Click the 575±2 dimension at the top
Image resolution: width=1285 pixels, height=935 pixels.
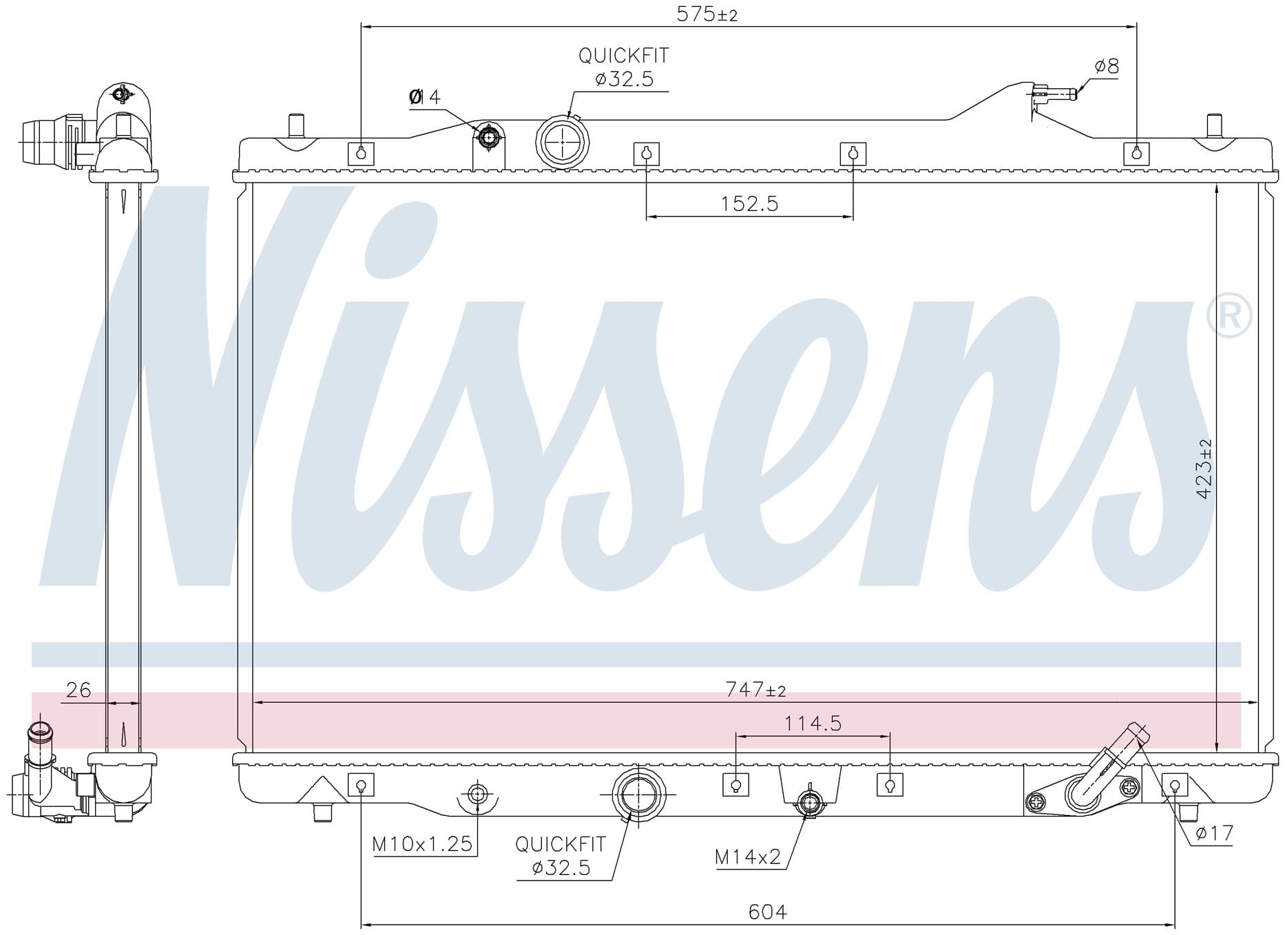[707, 14]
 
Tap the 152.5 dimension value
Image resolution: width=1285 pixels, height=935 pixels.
[749, 204]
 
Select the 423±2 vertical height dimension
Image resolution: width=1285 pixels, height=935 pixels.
[1204, 469]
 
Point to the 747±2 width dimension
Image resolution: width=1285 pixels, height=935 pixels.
[755, 689]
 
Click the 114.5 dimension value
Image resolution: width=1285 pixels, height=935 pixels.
[813, 723]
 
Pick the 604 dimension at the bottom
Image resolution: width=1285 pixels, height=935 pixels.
[767, 912]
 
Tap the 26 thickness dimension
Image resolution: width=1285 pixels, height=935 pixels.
[79, 690]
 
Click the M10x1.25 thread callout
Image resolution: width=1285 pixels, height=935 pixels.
[423, 843]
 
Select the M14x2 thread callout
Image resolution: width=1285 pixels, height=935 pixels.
[748, 856]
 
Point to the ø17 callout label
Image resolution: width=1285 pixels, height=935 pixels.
[1214, 833]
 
